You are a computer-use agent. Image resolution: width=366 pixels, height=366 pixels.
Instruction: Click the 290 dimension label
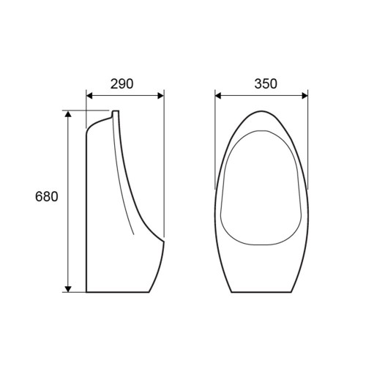pyautogui.click(x=122, y=84)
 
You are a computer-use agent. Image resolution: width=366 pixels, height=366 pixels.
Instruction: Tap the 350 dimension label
pyautogui.click(x=266, y=83)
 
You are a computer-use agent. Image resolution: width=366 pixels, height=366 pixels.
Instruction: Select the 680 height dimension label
pyautogui.click(x=47, y=196)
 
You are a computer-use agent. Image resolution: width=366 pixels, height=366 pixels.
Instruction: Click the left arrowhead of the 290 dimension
pyautogui.click(x=89, y=96)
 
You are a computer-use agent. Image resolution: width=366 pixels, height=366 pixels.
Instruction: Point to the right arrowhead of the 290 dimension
pyautogui.click(x=161, y=96)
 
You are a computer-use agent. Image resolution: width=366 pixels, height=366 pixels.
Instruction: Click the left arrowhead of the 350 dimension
pyautogui.click(x=218, y=96)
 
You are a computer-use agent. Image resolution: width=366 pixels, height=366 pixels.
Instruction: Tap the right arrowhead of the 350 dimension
pyautogui.click(x=305, y=96)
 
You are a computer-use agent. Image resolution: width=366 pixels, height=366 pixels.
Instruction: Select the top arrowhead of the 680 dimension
pyautogui.click(x=68, y=113)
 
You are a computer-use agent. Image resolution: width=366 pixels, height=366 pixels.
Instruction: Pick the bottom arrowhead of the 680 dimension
pyautogui.click(x=68, y=289)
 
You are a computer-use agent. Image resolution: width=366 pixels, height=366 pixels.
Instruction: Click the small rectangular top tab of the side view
pyautogui.click(x=116, y=113)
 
